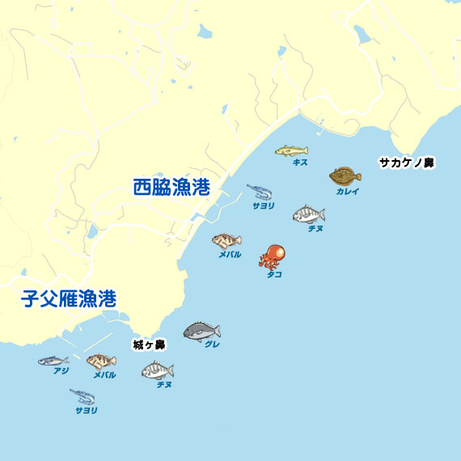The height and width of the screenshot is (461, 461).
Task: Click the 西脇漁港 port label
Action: coord(171,188)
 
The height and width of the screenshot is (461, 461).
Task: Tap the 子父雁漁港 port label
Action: coord(69,298)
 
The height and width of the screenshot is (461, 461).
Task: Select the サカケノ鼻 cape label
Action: coord(407,163)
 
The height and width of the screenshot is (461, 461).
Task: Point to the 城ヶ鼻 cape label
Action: coord(149,345)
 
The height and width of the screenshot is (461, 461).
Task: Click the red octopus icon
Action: coord(273,256)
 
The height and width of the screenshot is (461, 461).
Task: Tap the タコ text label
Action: coord(274,274)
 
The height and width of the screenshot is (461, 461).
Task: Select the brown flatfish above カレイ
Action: coord(345,176)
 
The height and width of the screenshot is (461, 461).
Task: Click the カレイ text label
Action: coord(348,192)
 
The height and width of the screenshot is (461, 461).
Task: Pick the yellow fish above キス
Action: coord(291,150)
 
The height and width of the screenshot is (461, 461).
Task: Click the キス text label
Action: coord(300,162)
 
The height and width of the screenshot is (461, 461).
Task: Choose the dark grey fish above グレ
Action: coord(201,331)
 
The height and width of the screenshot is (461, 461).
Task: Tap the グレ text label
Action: coord(212,345)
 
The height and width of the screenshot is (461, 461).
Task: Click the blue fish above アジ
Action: coord(53,360)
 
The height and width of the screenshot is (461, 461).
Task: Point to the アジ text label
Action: coord(61,371)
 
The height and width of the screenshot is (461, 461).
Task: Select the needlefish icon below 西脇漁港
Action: coord(260,192)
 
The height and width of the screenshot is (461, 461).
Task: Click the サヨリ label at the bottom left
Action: coord(86,410)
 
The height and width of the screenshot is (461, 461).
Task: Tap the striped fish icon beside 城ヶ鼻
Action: coord(157,370)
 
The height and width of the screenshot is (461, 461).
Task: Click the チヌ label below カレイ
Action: coord(315,229)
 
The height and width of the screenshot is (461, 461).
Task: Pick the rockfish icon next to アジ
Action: coord(101,361)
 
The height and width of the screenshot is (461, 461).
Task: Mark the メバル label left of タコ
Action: coord(230,254)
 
